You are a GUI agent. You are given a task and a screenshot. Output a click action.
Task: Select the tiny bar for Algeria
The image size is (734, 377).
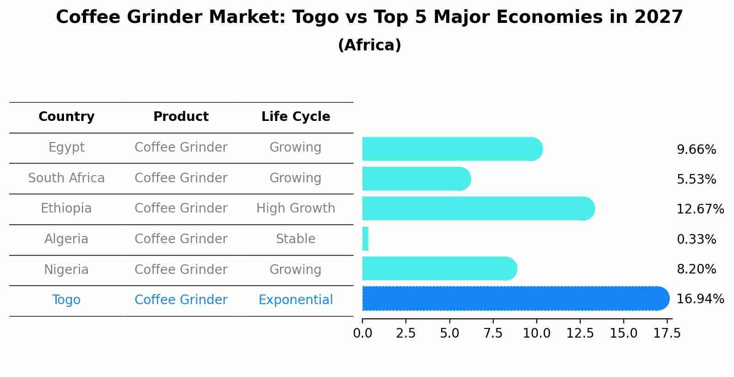pos(365,239)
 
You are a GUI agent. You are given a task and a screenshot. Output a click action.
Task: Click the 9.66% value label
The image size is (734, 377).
pos(696,150)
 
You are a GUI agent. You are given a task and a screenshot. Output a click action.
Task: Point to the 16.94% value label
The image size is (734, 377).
pos(700,299)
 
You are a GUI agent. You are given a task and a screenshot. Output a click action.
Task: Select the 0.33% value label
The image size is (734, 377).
pos(696,239)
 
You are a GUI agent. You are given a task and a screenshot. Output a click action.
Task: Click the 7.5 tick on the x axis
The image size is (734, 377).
pos(493,333)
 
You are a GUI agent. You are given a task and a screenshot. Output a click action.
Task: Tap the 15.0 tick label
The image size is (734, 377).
pos(623,333)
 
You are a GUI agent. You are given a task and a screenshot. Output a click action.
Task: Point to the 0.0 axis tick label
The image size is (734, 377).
pos(362,333)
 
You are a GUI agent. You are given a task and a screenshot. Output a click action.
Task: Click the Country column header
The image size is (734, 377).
pos(66,117)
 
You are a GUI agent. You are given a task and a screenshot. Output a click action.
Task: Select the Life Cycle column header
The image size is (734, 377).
pos(296,117)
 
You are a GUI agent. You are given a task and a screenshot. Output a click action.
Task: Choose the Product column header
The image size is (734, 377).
pos(181,117)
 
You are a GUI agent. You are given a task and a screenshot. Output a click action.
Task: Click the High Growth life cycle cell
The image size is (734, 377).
pos(296,208)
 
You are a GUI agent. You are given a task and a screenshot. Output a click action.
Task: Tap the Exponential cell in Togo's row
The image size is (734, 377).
pos(296,300)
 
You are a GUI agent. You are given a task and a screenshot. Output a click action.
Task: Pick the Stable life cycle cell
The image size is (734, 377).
pos(296,239)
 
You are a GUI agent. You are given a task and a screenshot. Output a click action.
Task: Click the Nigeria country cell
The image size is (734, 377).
pos(66,269)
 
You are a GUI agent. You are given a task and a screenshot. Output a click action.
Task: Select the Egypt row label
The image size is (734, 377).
pos(66,148)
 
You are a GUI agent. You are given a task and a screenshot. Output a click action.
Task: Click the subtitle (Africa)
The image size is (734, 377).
pos(369,45)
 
